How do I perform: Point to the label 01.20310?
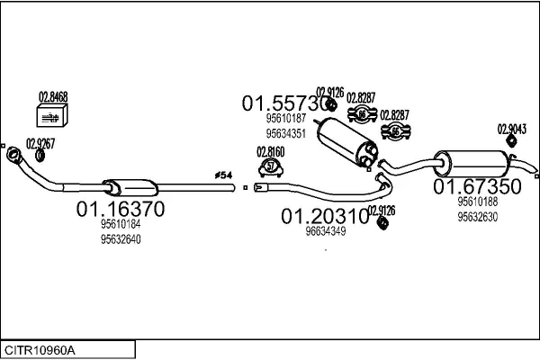[325, 216]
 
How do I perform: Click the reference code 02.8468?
[52, 97]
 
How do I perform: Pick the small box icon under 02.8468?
[52, 116]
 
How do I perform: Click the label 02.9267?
[40, 142]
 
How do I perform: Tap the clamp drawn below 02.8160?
[271, 166]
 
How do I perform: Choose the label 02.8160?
[271, 151]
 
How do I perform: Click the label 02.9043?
[510, 128]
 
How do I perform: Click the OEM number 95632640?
[121, 239]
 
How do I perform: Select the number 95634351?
[285, 133]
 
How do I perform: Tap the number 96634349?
[325, 231]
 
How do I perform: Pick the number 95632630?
[476, 216]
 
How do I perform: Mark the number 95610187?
[285, 118]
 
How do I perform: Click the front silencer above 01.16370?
[131, 186]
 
